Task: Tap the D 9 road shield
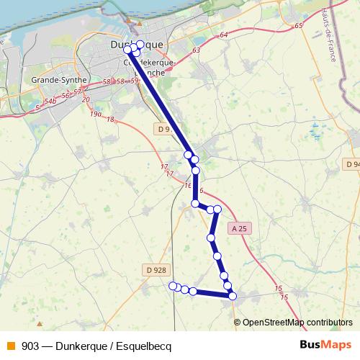click(163, 129)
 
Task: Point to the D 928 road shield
click(156, 270)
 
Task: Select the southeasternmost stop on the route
click(232, 295)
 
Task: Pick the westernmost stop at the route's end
click(172, 286)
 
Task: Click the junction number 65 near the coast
click(299, 27)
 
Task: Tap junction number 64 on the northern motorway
click(224, 35)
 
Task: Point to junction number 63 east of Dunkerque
click(197, 50)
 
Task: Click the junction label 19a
click(96, 114)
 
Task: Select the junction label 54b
click(50, 102)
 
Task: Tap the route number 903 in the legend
click(30, 346)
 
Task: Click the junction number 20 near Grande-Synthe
click(86, 99)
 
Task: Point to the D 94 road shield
click(352, 165)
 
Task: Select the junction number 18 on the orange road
click(111, 120)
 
